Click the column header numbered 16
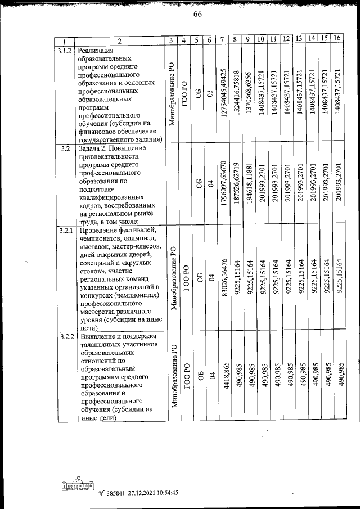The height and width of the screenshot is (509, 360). point(337,39)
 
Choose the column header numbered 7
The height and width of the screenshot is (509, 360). point(223,40)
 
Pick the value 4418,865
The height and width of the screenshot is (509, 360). point(224,384)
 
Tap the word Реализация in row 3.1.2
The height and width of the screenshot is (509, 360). point(97,50)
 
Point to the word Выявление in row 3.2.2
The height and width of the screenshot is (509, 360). point(97,336)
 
